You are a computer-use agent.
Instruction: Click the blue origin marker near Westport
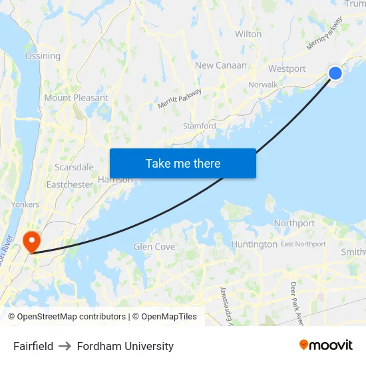pos(335,73)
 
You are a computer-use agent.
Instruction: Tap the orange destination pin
pos(31,241)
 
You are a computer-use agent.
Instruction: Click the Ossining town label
pos(43,56)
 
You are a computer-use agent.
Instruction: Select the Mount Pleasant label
pos(76,97)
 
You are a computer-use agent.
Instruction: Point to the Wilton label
pos(248,33)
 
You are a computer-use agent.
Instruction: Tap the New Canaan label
pos(221,65)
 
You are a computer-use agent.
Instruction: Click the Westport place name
pos(287,69)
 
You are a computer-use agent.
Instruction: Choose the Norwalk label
pos(262,85)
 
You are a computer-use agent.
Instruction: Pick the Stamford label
pos(199,126)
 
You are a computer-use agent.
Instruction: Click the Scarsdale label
pos(74,166)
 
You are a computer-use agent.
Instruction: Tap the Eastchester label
pos(69,184)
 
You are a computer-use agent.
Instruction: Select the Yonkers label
pos(25,204)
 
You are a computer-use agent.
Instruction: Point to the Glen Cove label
pos(154,246)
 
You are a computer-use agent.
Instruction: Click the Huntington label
pos(254,244)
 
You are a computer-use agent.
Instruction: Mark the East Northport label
pos(303,244)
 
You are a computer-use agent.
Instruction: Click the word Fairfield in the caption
pos(33,346)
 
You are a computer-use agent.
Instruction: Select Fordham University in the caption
pos(125,346)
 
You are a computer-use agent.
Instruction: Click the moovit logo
pos(325,345)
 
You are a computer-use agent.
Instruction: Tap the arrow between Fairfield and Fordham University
pos(65,346)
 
